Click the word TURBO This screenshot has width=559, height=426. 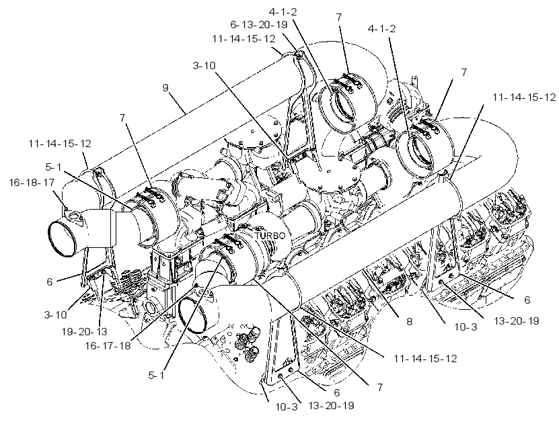point(270,236)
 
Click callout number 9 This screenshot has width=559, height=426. point(165,87)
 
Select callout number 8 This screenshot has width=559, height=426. point(409,322)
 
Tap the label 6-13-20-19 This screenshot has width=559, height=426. point(259,25)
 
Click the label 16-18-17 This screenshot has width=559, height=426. point(32,183)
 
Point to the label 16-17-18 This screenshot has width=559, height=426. point(108,345)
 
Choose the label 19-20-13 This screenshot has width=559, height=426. point(85,332)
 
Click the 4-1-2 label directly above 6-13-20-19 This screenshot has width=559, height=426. point(283,11)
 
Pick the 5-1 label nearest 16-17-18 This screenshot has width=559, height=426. point(157,375)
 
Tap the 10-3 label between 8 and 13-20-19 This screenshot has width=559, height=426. point(465,327)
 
